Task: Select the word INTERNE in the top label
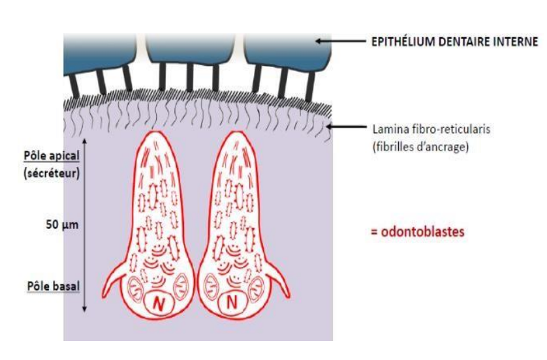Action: [516, 42]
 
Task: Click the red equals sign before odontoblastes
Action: [375, 232]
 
